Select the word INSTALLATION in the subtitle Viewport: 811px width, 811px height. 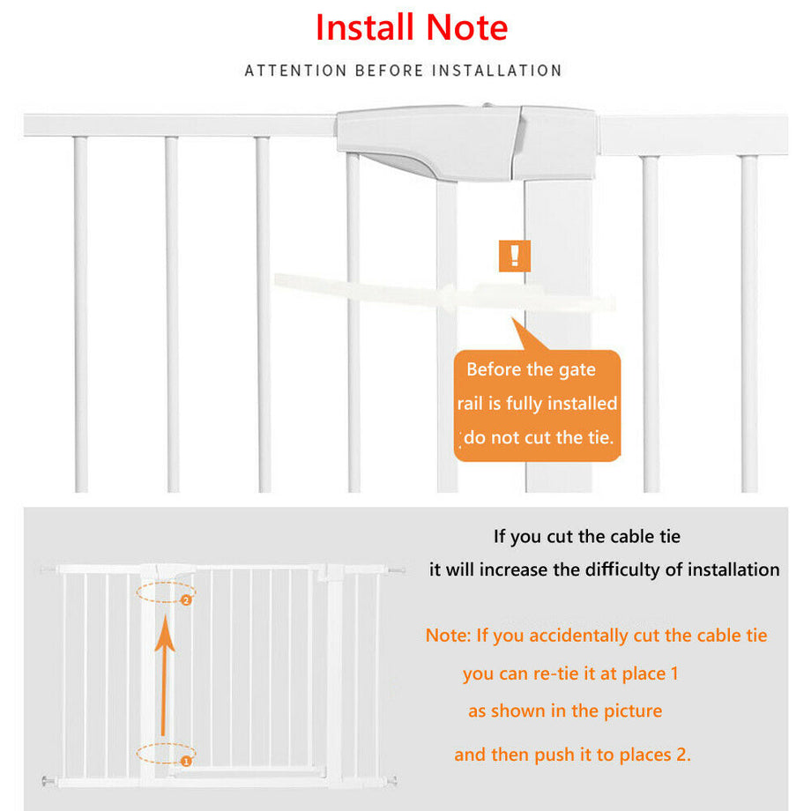pyautogui.click(x=496, y=71)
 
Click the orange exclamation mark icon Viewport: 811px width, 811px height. pyautogui.click(x=515, y=257)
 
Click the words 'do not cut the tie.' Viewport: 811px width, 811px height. pyautogui.click(x=538, y=437)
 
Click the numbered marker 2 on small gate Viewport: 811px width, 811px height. pyautogui.click(x=186, y=600)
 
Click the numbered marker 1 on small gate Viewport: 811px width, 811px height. pyautogui.click(x=186, y=759)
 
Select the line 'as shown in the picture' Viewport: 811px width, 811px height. pyautogui.click(x=565, y=711)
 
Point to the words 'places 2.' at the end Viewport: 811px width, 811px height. pyautogui.click(x=658, y=755)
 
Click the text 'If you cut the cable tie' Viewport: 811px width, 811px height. pyautogui.click(x=586, y=536)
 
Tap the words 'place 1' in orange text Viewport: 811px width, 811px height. pyautogui.click(x=651, y=673)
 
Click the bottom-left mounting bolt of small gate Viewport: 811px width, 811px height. pyautogui.click(x=45, y=780)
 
